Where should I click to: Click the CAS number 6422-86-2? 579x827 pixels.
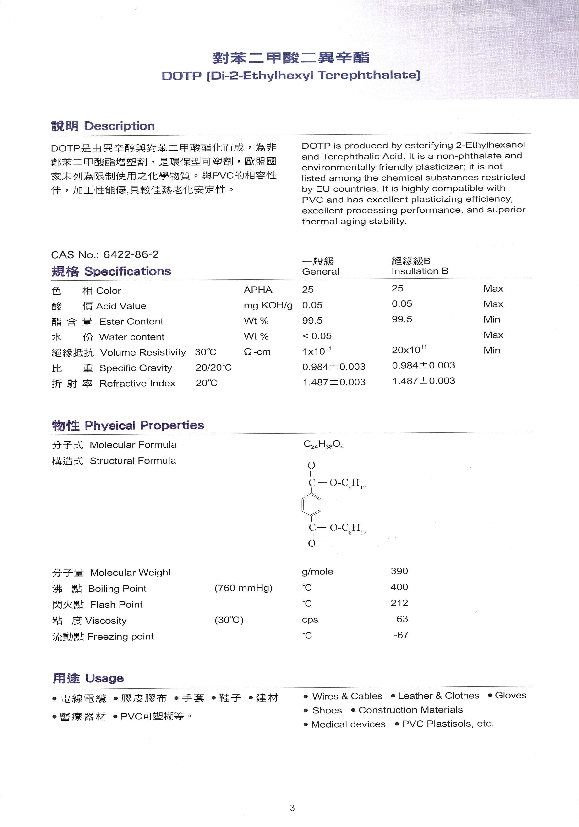click(x=131, y=255)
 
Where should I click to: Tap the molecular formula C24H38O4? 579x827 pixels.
click(x=323, y=444)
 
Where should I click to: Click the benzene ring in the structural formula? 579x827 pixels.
click(x=311, y=505)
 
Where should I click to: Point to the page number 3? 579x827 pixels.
click(x=292, y=808)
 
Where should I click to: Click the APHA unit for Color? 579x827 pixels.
click(x=258, y=290)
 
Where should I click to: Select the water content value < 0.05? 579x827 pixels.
click(x=317, y=336)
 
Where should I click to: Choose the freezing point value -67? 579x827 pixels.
click(x=401, y=635)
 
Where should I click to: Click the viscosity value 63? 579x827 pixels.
click(x=402, y=619)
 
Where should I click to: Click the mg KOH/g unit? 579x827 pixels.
click(x=268, y=305)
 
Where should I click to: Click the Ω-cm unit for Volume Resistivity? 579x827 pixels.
click(x=257, y=352)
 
